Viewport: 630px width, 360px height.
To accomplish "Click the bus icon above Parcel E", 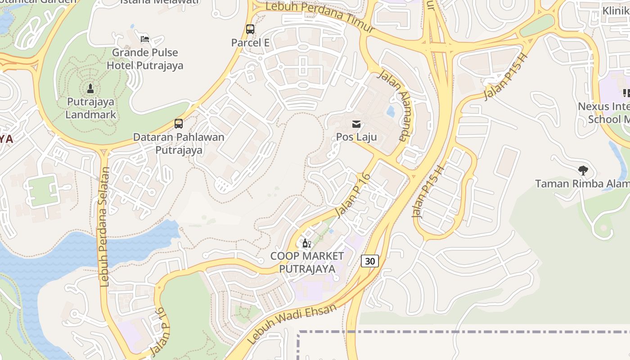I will (250, 29).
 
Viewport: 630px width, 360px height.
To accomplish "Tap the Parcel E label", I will (250, 43).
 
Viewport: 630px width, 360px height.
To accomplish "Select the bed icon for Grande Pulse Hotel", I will (145, 39).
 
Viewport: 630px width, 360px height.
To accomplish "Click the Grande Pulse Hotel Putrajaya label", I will (145, 59).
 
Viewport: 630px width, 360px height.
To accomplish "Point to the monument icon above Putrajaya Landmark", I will (90, 88).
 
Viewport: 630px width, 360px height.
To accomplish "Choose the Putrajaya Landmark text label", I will (90, 108).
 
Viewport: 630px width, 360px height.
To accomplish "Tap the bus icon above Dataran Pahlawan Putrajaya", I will (179, 123).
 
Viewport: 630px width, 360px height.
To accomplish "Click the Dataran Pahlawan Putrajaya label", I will (179, 143).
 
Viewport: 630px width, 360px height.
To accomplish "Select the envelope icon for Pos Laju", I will (356, 124).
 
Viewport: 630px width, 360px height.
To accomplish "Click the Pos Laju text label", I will (356, 137).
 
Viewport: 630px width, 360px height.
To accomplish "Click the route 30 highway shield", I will (369, 261).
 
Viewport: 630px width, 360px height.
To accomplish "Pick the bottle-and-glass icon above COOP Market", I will (306, 243).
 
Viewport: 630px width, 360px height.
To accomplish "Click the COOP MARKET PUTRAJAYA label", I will (307, 262).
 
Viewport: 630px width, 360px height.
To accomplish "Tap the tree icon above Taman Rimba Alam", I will (583, 171).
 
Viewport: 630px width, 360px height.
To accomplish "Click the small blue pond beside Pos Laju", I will (391, 111).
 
